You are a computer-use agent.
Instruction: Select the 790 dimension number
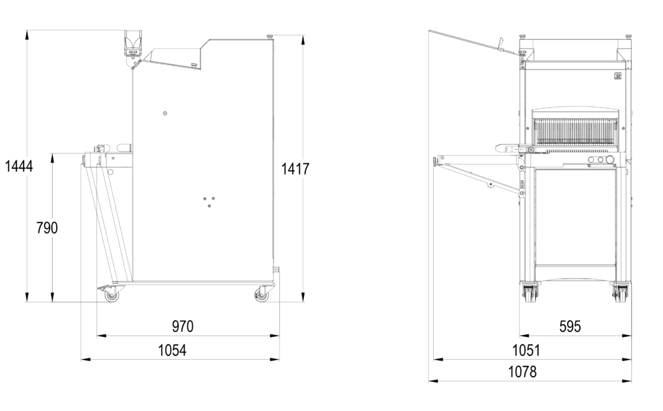click(x=47, y=228)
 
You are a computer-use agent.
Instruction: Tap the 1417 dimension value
click(x=295, y=169)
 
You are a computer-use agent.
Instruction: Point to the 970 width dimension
click(x=183, y=326)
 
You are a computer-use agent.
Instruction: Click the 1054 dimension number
click(x=172, y=350)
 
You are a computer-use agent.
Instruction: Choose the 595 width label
click(x=570, y=326)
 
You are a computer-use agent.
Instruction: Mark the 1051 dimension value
click(x=526, y=350)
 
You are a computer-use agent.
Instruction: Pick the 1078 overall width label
click(x=523, y=372)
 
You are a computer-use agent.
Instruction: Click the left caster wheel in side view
click(x=112, y=296)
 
